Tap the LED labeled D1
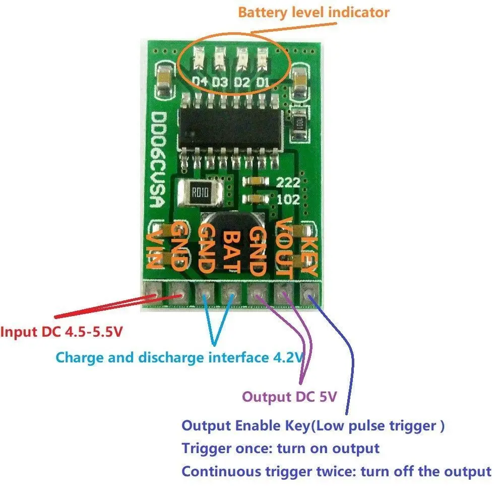[x=263, y=58]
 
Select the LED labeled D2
[x=241, y=58]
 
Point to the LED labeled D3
[x=219, y=58]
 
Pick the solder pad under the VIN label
[x=151, y=291]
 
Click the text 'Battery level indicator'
[x=313, y=12]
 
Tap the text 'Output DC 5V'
[x=289, y=397]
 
